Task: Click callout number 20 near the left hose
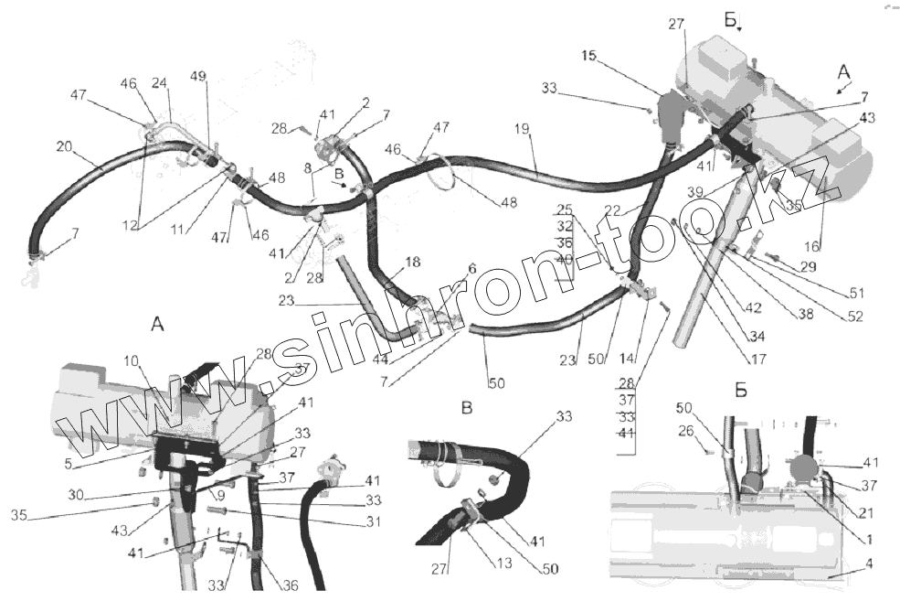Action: (x=64, y=146)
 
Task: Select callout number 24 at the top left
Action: (x=160, y=82)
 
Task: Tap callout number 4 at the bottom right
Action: (x=867, y=564)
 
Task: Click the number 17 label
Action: (x=758, y=359)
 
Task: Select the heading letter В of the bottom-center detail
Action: (x=466, y=408)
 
